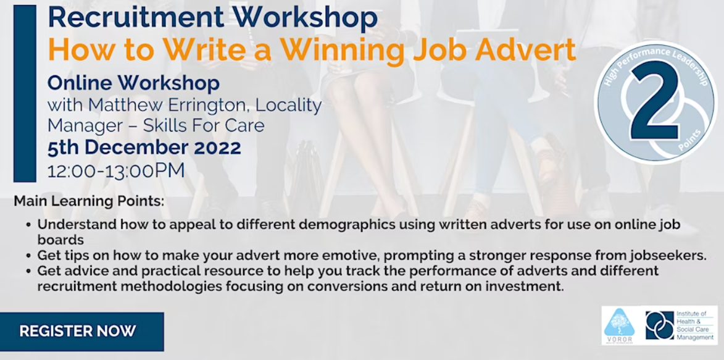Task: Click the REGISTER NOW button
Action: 78,331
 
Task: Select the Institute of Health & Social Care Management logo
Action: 677,325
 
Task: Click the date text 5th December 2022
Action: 144,148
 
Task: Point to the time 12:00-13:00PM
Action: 116,170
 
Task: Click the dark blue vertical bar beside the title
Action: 25,93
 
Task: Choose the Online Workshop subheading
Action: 133,82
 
